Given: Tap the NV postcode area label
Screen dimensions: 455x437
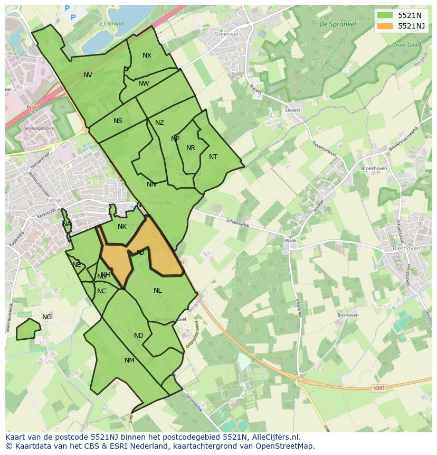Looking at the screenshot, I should pyautogui.click(x=88, y=75).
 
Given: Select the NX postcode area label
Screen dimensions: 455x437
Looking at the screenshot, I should pyautogui.click(x=147, y=55).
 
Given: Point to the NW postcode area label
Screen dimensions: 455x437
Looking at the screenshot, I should pyautogui.click(x=144, y=83).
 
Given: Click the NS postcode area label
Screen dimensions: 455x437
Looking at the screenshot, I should pyautogui.click(x=118, y=121).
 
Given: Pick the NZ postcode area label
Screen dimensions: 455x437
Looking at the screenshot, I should pyautogui.click(x=159, y=123).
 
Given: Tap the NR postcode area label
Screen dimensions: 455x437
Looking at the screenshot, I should pyautogui.click(x=191, y=148).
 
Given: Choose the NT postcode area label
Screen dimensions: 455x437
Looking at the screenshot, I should pyautogui.click(x=213, y=157).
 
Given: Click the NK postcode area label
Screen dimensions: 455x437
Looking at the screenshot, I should pyautogui.click(x=122, y=227).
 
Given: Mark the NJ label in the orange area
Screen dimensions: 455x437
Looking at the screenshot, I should pyautogui.click(x=140, y=253).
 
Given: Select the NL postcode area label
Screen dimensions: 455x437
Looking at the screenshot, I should pyautogui.click(x=158, y=291).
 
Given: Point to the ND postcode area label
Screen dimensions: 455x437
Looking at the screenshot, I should pyautogui.click(x=138, y=336).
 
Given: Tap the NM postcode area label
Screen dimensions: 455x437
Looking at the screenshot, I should pyautogui.click(x=129, y=360).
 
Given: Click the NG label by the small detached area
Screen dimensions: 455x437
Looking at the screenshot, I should pyautogui.click(x=47, y=317).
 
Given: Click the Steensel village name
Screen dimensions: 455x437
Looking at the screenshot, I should pyautogui.click(x=227, y=34).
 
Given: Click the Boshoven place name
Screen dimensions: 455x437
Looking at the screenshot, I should pyautogui.click(x=348, y=315).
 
